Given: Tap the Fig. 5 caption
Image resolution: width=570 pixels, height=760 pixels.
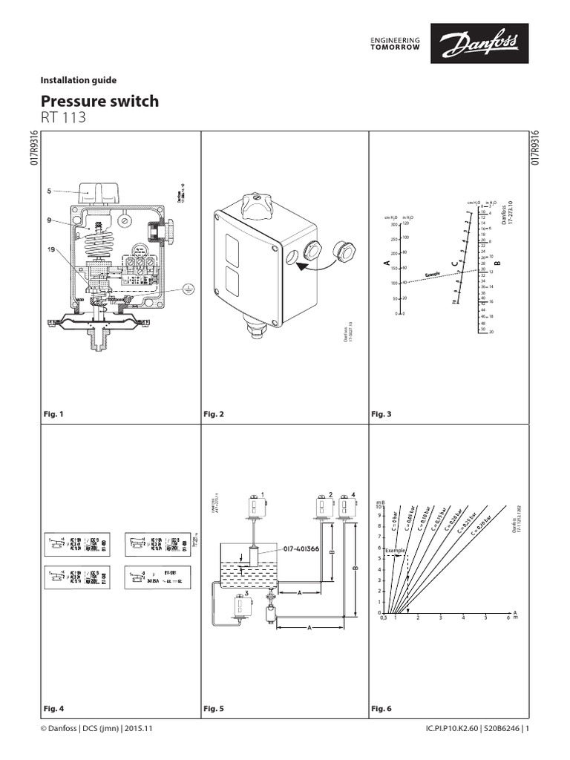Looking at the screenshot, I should (214, 709).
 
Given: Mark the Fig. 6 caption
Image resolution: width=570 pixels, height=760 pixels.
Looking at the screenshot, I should (381, 709).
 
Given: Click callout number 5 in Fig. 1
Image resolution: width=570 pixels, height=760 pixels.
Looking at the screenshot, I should (49, 191).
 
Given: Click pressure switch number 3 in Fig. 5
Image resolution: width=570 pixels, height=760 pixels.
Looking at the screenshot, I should (240, 608).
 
